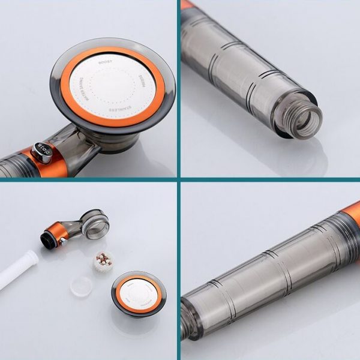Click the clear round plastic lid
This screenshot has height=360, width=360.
tap(81, 286)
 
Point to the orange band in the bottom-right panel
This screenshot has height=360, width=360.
tap(352, 213)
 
